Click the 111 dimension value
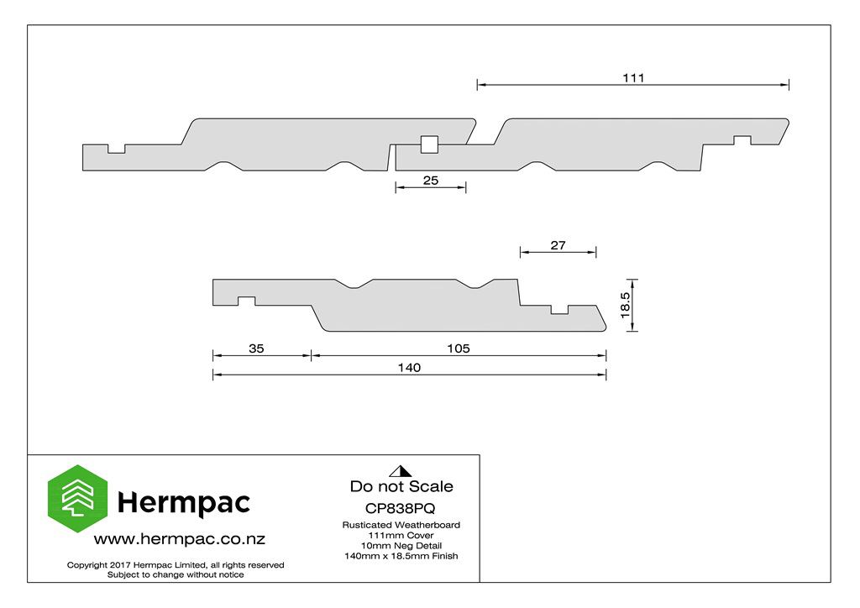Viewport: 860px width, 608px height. coord(633,78)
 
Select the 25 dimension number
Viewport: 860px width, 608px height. coord(431,181)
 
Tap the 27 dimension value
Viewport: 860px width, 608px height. coord(558,245)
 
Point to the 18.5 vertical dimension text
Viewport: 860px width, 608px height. coord(625,305)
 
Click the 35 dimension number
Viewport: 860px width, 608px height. coord(256,349)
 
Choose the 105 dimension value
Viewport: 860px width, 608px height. coord(458,349)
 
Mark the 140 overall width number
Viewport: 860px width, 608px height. coord(409,367)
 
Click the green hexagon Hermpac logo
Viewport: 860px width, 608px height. coord(77,498)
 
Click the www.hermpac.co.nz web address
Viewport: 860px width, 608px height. coord(180,539)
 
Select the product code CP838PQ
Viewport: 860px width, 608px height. coord(401,508)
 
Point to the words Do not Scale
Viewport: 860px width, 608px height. coord(401,486)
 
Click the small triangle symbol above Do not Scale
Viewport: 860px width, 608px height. coord(401,471)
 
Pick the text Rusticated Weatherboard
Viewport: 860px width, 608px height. coord(401,525)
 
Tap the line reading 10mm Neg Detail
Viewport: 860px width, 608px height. coord(401,546)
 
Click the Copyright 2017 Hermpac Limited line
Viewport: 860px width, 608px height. coord(176,564)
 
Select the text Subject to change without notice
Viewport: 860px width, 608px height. coord(176,574)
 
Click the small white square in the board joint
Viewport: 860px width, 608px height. coord(429,144)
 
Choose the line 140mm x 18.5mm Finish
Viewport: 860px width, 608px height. coord(401,556)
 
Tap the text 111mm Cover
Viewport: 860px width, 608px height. coord(401,535)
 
